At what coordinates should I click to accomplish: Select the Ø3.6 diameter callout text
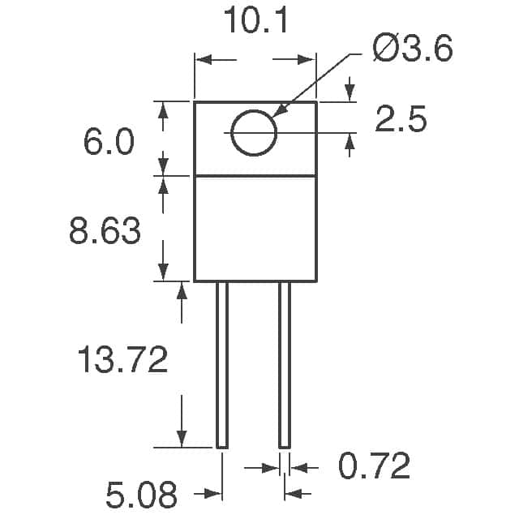[413, 48]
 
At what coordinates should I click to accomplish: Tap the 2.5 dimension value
[401, 119]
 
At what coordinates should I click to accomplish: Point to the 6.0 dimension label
[109, 142]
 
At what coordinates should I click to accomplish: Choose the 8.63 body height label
[105, 230]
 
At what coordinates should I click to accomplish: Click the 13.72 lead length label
[122, 359]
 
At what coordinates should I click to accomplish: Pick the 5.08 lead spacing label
[141, 495]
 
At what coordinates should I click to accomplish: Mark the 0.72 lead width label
[374, 466]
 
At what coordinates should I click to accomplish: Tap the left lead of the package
[222, 365]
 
